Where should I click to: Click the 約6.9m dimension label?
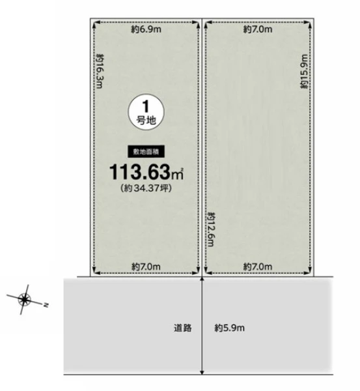coord(146,29)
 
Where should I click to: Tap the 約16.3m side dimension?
coord(100,71)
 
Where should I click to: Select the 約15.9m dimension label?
coord(305,71)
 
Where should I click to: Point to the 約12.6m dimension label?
coord(211,229)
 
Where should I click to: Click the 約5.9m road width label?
coord(229,328)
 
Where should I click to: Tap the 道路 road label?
coord(183,328)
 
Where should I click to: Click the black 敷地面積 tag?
coord(146,151)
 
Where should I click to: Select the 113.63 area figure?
coord(140,172)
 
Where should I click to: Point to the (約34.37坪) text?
coord(146,188)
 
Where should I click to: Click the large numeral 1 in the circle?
coord(146,106)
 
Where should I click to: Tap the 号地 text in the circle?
coord(146,121)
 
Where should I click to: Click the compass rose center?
coord(24,299)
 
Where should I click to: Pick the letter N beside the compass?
coord(46,305)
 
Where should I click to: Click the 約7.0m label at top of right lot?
coord(258,29)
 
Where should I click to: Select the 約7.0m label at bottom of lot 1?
coord(146,267)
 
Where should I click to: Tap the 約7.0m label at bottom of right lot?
coord(258,267)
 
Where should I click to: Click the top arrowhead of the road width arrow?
coord(202,279)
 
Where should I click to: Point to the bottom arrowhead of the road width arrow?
coord(202,373)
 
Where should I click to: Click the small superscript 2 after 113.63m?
coord(182,169)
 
